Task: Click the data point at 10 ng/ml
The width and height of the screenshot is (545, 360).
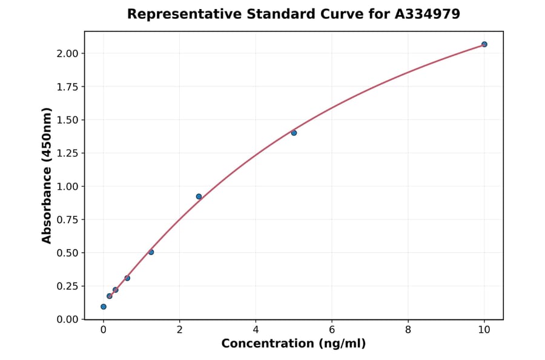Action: point(484,44)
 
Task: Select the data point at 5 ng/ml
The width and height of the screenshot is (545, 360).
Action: point(294,133)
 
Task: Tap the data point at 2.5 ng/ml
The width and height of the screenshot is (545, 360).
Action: point(199,196)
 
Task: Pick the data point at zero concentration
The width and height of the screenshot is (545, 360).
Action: point(104,307)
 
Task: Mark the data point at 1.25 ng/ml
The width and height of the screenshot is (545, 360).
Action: point(151,252)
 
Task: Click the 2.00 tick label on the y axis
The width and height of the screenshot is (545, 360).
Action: point(68,54)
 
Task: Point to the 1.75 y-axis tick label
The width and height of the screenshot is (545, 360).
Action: point(68,87)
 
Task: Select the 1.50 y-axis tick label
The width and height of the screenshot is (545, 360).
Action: point(68,120)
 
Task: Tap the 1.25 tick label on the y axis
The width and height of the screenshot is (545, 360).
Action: point(68,153)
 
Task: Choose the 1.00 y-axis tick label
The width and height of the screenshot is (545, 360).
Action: point(68,187)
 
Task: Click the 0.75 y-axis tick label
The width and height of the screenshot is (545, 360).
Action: point(68,220)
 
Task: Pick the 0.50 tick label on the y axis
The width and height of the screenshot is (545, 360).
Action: point(68,253)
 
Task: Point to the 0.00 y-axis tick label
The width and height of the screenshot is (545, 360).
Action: point(68,319)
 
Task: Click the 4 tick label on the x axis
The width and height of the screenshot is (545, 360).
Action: point(256,330)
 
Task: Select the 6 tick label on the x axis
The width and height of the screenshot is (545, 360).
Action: point(332,330)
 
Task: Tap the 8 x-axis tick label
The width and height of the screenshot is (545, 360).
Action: point(408,330)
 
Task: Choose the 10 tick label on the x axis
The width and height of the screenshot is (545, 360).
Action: point(484,330)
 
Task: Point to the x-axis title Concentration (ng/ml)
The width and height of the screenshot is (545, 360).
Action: point(294,344)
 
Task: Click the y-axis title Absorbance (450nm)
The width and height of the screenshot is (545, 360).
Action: point(47,175)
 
